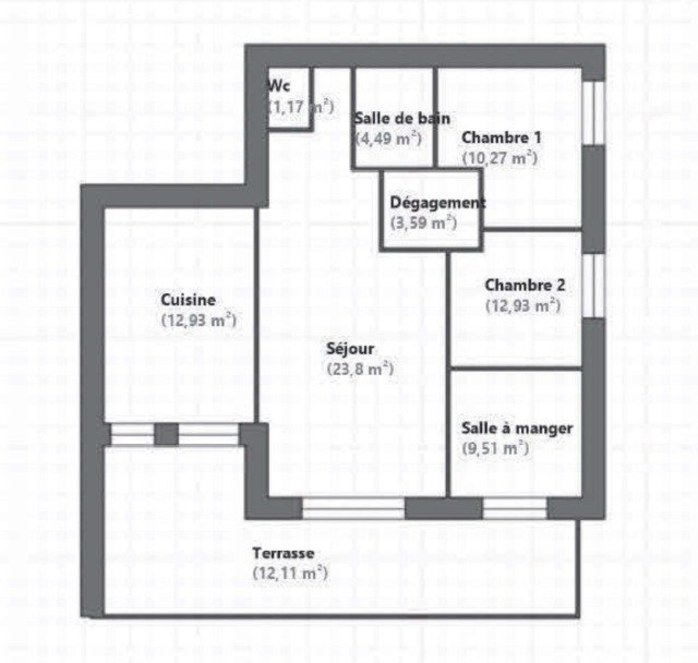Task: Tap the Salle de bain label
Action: tap(402, 119)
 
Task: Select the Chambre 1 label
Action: tap(501, 138)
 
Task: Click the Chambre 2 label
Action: tap(525, 285)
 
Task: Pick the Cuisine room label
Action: tap(188, 300)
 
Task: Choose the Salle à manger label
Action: tap(517, 429)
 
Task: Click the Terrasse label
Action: tap(283, 554)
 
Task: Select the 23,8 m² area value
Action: tap(360, 369)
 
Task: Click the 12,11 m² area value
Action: tap(290, 574)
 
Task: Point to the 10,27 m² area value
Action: tap(500, 158)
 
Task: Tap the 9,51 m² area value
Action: tap(495, 449)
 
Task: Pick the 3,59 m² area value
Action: tap(424, 223)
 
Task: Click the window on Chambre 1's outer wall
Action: tap(594, 113)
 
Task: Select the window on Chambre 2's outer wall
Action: tap(594, 285)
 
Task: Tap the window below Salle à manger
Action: tap(515, 508)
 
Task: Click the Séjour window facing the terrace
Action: tap(353, 508)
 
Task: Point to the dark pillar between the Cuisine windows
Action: tap(167, 434)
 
